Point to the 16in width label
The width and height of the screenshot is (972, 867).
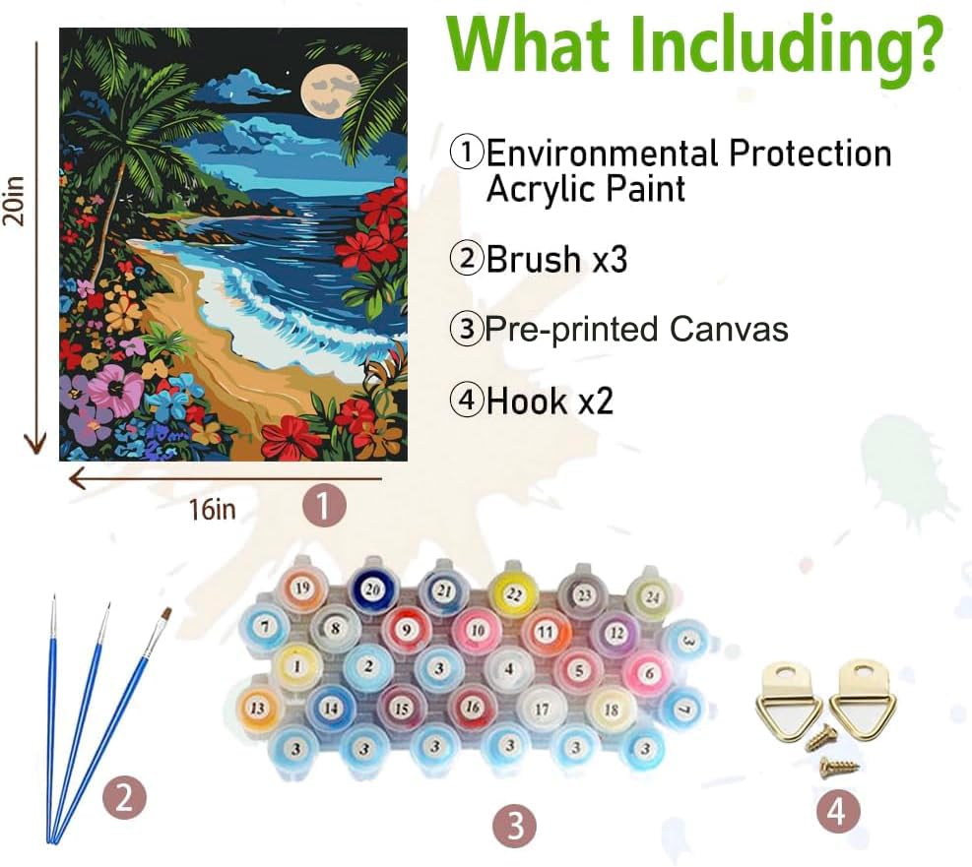(212, 511)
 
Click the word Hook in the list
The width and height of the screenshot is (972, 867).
(526, 402)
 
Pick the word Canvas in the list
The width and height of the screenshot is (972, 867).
(729, 330)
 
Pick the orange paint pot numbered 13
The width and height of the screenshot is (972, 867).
(259, 708)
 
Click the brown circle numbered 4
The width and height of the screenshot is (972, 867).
(835, 812)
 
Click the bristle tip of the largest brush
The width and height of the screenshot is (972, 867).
(165, 616)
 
